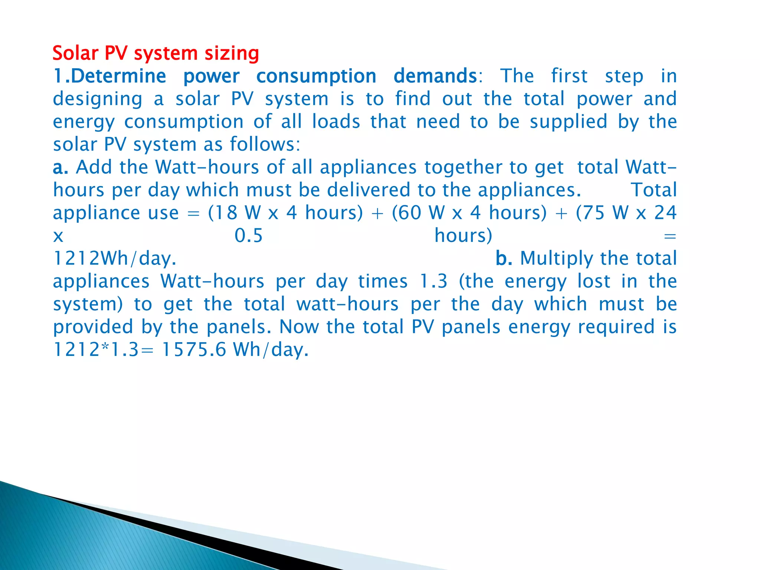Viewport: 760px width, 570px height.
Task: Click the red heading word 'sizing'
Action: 232,53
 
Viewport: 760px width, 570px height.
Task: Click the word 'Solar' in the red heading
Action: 75,53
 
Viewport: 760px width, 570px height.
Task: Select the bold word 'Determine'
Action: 118,76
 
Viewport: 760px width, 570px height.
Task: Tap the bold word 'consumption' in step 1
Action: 316,76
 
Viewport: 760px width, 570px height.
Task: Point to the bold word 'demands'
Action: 435,76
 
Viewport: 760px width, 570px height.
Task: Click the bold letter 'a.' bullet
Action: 60,167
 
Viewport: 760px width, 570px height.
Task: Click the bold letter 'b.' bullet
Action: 504,258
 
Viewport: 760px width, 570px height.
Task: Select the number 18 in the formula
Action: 226,213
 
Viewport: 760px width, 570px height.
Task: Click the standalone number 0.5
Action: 248,236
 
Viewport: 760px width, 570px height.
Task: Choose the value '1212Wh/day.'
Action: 115,259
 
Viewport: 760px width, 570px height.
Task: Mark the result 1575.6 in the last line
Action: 194,350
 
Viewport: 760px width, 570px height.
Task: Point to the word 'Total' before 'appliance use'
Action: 653,190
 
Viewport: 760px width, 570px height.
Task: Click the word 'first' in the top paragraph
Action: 569,76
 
